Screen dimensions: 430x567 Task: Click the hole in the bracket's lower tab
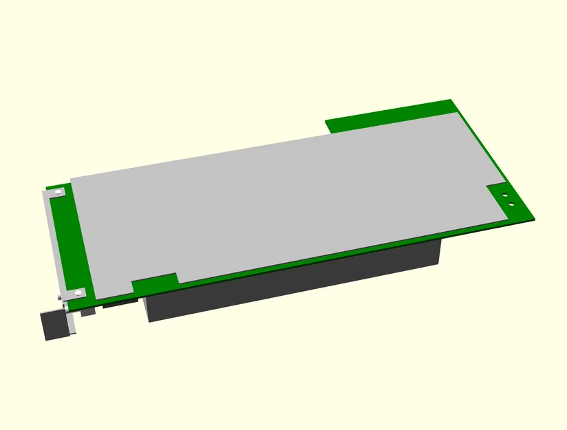click(78, 293)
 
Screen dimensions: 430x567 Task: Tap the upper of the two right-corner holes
click(505, 195)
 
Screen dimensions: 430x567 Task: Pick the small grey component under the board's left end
click(87, 312)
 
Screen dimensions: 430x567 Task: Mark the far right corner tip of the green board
click(534, 219)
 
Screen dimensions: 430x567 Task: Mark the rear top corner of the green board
click(452, 100)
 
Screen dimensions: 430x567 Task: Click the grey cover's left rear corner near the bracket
click(72, 178)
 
